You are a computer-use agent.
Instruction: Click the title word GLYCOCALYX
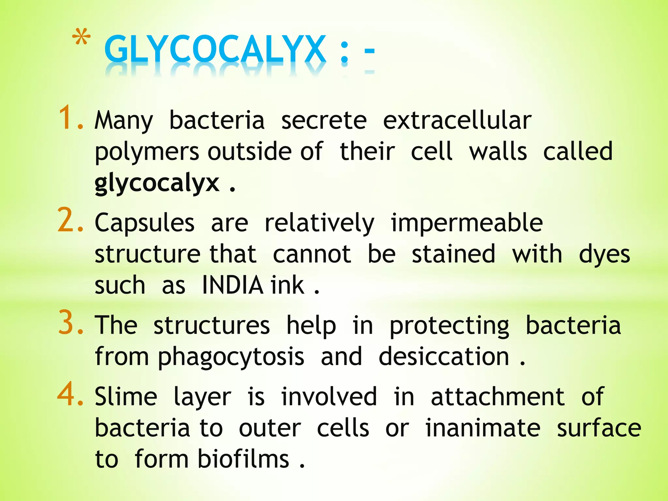click(x=215, y=50)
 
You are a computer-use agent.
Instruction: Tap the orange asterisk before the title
click(x=81, y=38)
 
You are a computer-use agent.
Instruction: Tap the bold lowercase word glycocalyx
click(x=157, y=183)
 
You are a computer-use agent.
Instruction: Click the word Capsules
click(x=144, y=223)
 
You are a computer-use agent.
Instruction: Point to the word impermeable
click(x=467, y=223)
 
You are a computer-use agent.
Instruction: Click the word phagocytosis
click(x=231, y=357)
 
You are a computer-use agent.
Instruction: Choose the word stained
click(x=453, y=254)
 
